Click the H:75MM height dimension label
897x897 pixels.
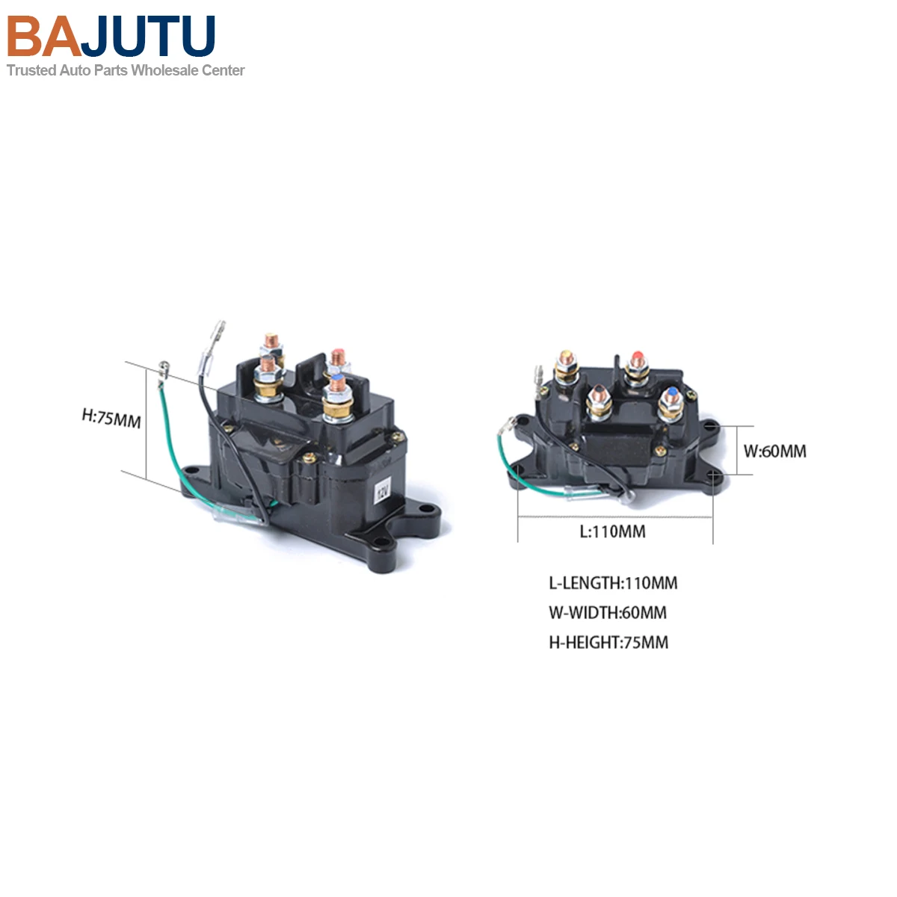click(111, 418)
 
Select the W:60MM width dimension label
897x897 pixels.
click(774, 451)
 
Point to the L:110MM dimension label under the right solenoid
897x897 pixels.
click(612, 532)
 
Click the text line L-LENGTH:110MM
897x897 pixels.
click(613, 583)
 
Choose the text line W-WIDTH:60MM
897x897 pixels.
click(607, 613)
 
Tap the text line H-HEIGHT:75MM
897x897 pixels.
click(608, 643)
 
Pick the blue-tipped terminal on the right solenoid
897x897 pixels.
click(671, 394)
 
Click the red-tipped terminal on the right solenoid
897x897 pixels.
click(637, 357)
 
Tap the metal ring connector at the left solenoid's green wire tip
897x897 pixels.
click(164, 368)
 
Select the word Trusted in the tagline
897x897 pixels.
click(31, 70)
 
